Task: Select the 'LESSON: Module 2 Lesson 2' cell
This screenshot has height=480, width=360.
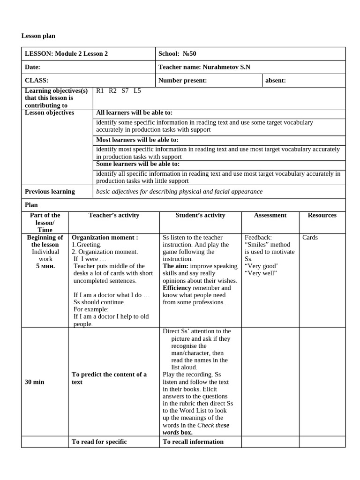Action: (66, 54)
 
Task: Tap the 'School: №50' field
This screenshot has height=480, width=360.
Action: (180, 54)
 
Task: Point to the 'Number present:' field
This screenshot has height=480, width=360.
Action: (182, 81)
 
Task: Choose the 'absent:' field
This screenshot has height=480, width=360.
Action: (275, 81)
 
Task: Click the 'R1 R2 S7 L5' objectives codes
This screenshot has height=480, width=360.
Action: (118, 91)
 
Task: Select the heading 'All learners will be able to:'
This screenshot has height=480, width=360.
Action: (134, 113)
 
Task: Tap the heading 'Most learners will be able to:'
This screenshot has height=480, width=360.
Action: (137, 140)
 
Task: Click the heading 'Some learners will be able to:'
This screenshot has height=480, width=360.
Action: (137, 164)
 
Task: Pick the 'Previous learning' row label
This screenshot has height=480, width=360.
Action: (50, 192)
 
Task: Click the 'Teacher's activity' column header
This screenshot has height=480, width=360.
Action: (114, 216)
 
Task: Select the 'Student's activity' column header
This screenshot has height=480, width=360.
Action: (200, 216)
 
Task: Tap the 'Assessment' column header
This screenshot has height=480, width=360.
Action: (270, 216)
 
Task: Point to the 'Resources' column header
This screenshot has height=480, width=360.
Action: (322, 216)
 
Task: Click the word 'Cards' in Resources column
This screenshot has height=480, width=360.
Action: (310, 238)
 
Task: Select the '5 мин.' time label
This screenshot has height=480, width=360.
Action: (45, 266)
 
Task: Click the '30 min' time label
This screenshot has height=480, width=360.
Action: (34, 382)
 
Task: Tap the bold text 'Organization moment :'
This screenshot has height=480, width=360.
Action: (105, 238)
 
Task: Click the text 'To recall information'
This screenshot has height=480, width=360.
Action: (193, 442)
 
